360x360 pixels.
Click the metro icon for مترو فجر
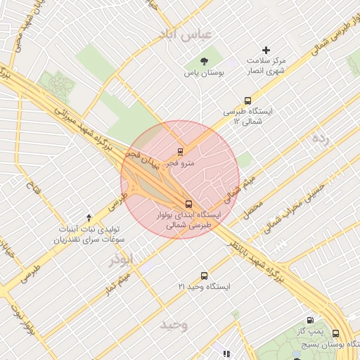pos(181,151)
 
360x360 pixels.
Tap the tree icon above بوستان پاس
pos(204,60)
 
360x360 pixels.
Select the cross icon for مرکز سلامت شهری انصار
pos(266,50)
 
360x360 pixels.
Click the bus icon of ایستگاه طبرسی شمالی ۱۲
pos(247,101)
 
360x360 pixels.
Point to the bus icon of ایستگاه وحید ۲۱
pos(204,276)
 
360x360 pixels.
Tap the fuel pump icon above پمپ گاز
pos(309,320)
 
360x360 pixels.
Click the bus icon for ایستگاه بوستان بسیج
pos(335,333)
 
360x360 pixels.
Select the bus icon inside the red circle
pos(187,204)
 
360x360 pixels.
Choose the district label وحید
pos(174,324)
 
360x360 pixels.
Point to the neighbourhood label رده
pos(320,139)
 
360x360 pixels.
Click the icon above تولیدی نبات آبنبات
pos(89,218)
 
